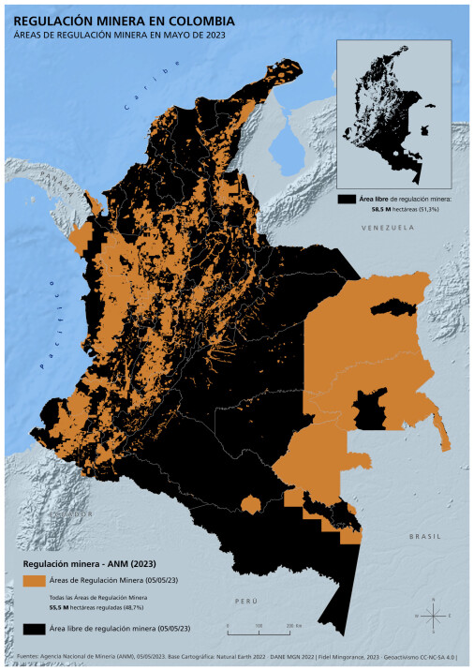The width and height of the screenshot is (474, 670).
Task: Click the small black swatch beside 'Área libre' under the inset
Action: click(346, 201)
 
